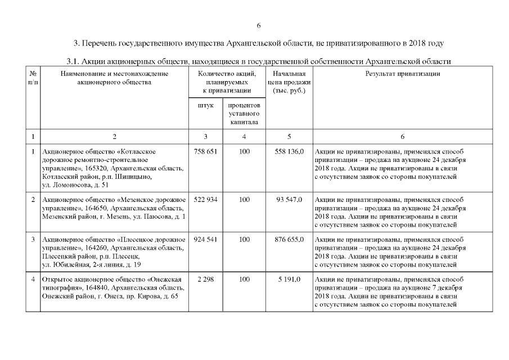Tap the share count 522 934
pos(205,200)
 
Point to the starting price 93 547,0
pos(290,200)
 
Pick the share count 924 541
pos(205,239)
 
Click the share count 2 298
pos(205,279)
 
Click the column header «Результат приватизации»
pos(403,74)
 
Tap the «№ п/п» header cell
pos(33,78)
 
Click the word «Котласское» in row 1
pos(137,151)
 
